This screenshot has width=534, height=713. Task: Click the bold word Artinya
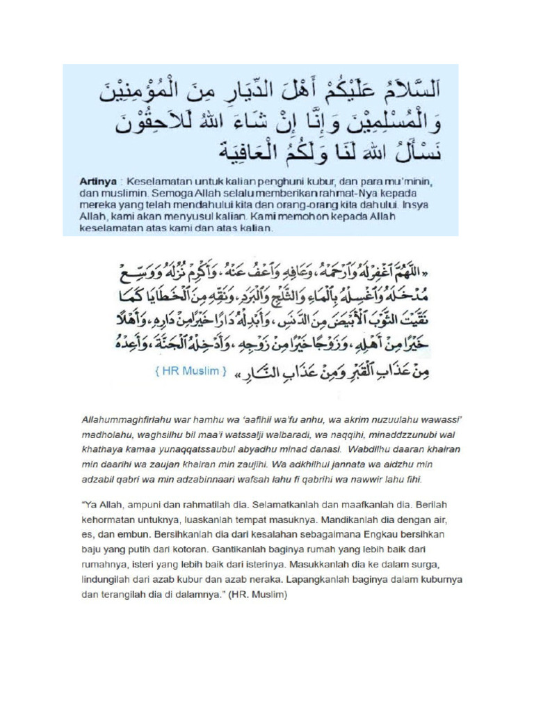pos(95,180)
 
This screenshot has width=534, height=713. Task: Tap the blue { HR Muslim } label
pos(189,372)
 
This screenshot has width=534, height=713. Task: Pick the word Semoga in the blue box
pos(158,192)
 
